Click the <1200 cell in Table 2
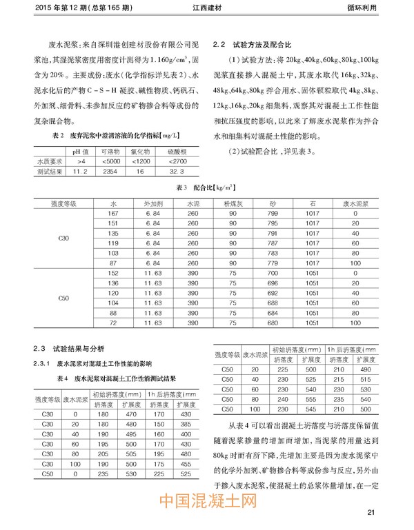click(x=139, y=161)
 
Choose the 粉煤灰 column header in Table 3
click(x=231, y=205)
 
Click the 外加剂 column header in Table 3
click(x=152, y=205)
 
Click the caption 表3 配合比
click(x=208, y=187)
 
